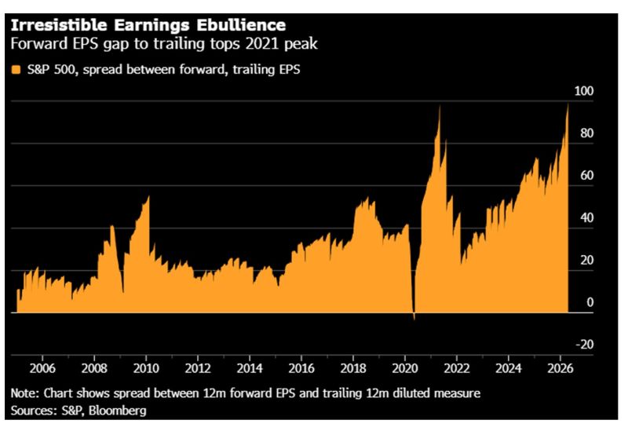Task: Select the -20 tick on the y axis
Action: (584, 345)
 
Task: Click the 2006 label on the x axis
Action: (42, 367)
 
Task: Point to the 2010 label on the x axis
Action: (146, 367)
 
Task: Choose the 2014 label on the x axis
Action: (250, 367)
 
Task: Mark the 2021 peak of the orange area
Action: (440, 108)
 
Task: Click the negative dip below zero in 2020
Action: (414, 317)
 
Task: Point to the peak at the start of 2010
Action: (148, 197)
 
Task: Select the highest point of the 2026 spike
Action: (568, 104)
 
